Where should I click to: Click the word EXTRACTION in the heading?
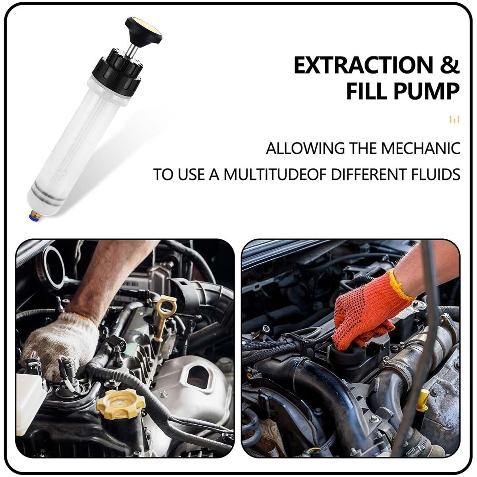[x=363, y=66]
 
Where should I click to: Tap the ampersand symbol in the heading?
[x=450, y=66]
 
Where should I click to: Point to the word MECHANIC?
[x=421, y=148]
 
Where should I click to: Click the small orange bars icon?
[x=454, y=119]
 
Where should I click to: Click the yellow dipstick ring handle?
[x=166, y=308]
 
